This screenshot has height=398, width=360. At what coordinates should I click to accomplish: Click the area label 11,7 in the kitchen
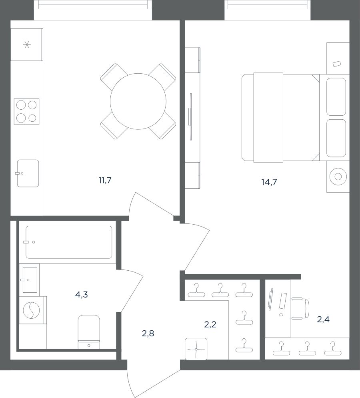(105, 181)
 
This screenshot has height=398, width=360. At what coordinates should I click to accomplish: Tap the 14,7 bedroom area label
(269, 182)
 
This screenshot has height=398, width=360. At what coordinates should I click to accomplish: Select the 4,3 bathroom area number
(82, 295)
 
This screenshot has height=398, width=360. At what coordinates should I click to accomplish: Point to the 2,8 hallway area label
(148, 334)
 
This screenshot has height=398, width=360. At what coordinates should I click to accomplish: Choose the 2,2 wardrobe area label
(210, 324)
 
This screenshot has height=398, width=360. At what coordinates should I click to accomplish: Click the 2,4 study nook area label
(324, 319)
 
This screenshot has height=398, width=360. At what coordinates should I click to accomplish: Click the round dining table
(138, 101)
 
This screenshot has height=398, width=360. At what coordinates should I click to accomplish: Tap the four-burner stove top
(27, 111)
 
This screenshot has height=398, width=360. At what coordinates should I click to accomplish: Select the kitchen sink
(28, 173)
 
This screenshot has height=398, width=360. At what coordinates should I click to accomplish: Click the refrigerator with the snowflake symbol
(27, 45)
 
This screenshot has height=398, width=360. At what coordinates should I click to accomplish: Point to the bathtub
(69, 242)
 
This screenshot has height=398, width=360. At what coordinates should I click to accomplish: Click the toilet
(89, 332)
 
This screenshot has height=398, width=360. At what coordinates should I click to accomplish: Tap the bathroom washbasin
(29, 280)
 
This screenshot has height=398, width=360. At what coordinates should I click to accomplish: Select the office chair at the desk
(300, 308)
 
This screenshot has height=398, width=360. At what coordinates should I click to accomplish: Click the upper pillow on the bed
(336, 97)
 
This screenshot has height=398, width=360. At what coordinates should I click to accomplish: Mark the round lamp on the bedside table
(338, 177)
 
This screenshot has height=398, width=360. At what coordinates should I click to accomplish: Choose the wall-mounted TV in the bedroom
(190, 117)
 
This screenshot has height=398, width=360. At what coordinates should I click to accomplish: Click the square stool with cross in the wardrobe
(196, 349)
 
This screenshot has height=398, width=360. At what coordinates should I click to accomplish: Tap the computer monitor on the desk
(271, 299)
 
